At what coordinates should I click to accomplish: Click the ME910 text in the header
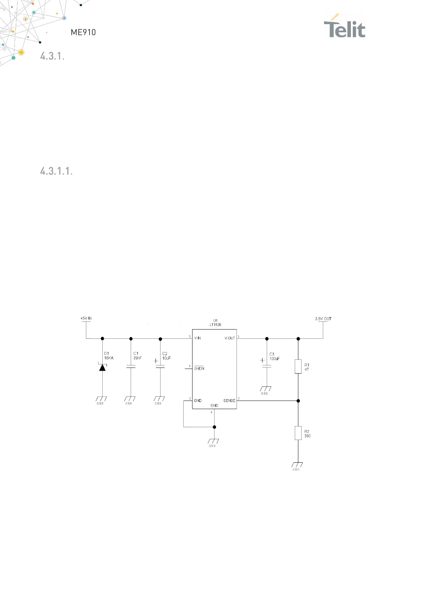tap(83, 32)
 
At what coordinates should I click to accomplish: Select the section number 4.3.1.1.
tap(56, 171)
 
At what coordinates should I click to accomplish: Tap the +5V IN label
tap(86, 318)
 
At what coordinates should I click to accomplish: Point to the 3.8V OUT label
tap(323, 319)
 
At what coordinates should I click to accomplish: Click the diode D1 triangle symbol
tap(102, 367)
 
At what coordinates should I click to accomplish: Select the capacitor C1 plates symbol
tap(131, 366)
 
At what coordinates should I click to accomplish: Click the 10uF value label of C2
tap(166, 358)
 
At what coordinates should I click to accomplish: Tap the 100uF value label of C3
tap(274, 359)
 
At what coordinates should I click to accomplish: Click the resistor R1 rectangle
tap(298, 366)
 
